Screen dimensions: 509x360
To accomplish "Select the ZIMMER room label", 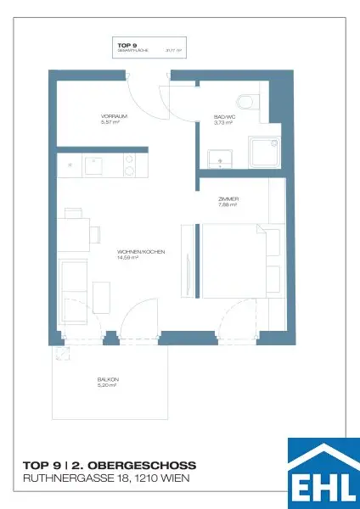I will point(227,199).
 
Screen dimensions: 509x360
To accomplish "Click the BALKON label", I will point(107,378).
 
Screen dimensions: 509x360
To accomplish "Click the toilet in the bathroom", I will point(247,103).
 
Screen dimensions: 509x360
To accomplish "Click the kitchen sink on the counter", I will point(93,167).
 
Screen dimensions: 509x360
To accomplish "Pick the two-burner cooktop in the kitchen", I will point(130,167).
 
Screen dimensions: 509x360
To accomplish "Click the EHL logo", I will point(323,472).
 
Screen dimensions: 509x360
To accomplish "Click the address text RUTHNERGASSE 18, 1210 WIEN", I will point(105,479).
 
